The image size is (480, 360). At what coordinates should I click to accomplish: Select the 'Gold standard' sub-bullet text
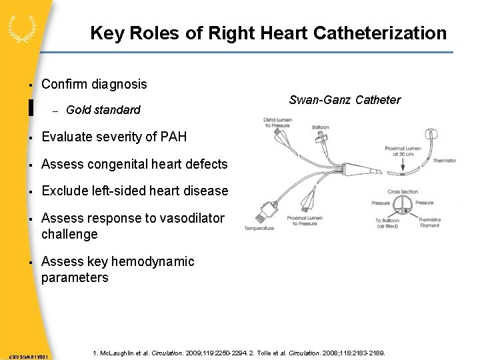click(103, 109)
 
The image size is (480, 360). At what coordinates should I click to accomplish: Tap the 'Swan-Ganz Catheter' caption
click(345, 100)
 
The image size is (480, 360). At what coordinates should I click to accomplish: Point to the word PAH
click(174, 137)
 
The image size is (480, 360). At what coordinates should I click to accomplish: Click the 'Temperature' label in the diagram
click(259, 228)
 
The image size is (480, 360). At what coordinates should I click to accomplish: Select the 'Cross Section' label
click(403, 191)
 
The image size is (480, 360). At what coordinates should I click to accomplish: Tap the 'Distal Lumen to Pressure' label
click(277, 123)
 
